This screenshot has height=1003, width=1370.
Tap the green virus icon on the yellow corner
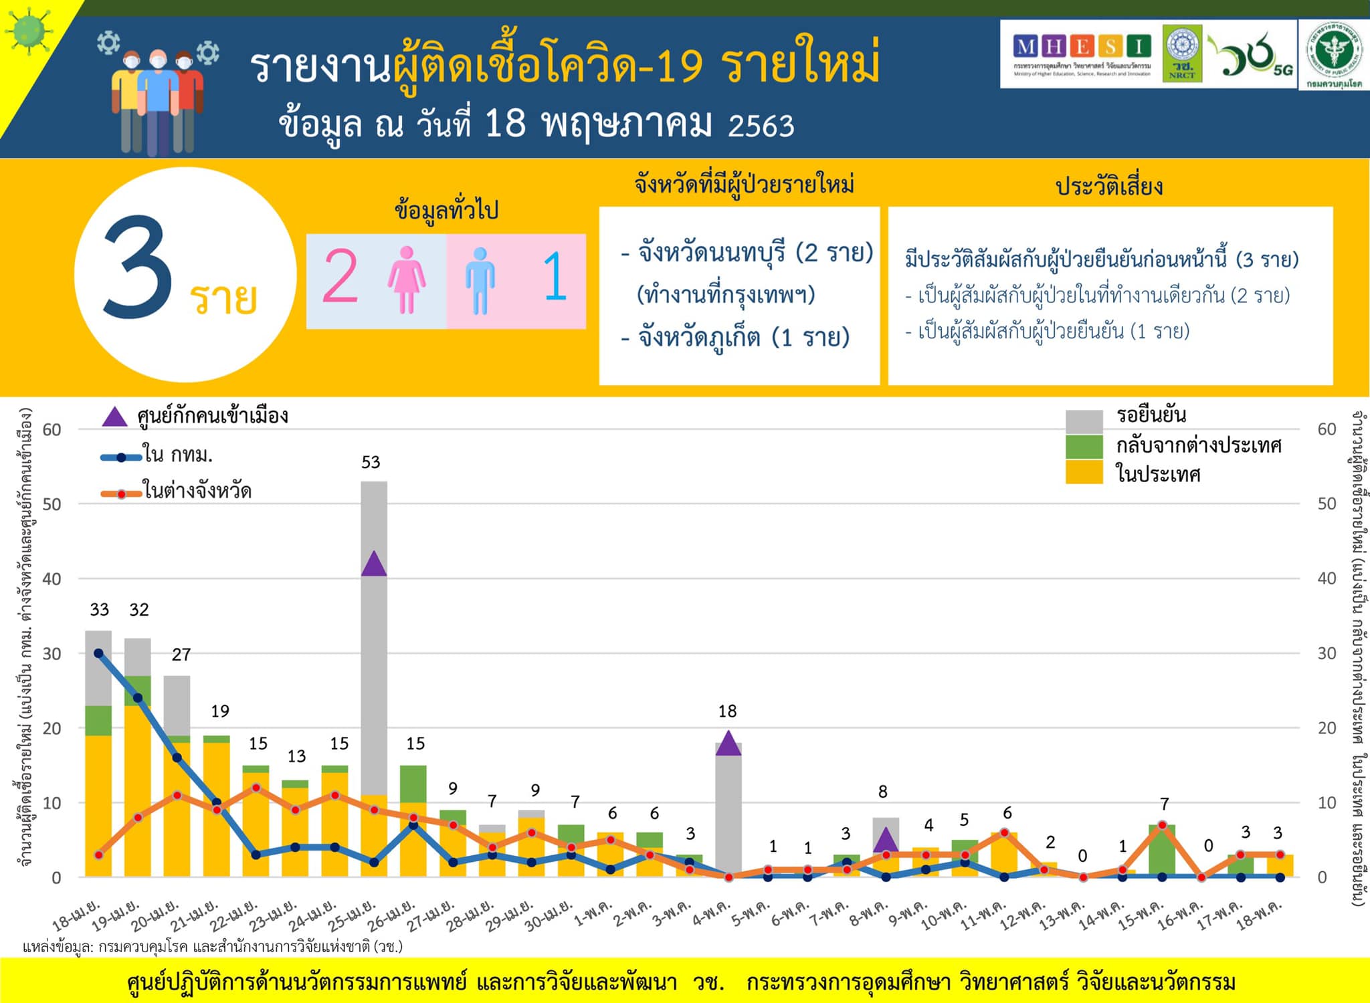(x=27, y=29)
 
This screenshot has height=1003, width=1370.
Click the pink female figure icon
(x=406, y=280)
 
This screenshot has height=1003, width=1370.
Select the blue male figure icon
(x=480, y=281)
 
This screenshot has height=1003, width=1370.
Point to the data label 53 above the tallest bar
(x=371, y=462)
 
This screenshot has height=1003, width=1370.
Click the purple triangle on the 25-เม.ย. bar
(x=373, y=564)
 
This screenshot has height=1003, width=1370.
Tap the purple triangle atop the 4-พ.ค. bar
(x=728, y=744)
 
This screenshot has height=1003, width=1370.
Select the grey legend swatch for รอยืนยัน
(x=1084, y=421)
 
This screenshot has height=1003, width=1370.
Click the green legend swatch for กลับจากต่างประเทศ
(x=1084, y=447)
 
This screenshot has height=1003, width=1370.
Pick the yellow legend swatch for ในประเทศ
(x=1084, y=472)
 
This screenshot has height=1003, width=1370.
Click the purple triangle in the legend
(x=114, y=417)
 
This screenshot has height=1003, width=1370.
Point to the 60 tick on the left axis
(x=52, y=429)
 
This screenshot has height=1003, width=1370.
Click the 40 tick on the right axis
(x=1327, y=578)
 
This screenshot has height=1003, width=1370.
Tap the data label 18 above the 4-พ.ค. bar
(x=727, y=711)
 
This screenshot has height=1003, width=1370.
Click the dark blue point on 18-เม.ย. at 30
(x=99, y=653)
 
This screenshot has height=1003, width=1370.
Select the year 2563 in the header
(x=761, y=126)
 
